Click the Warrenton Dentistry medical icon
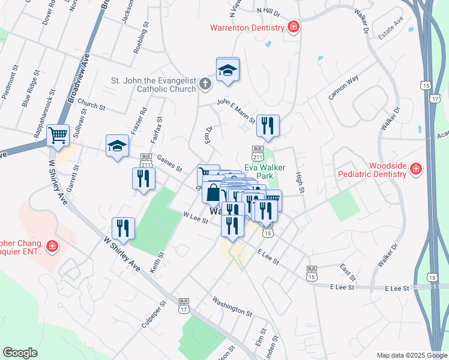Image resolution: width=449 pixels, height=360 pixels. coord(293,27)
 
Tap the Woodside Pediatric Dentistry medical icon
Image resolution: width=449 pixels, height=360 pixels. coord(415,170)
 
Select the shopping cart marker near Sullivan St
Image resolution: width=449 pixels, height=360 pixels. coord(58,135)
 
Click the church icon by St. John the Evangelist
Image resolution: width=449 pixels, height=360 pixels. coord(205,83)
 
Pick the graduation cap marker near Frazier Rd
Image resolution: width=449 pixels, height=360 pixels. coord(117,146)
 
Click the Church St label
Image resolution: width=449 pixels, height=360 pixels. coord(91,106)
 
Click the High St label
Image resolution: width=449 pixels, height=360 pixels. coord(300,182)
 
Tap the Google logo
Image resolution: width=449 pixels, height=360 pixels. coord(20,353)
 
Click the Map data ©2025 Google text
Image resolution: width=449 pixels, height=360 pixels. coord(411,355)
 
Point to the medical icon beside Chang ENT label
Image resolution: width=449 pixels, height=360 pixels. coord(52,246)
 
